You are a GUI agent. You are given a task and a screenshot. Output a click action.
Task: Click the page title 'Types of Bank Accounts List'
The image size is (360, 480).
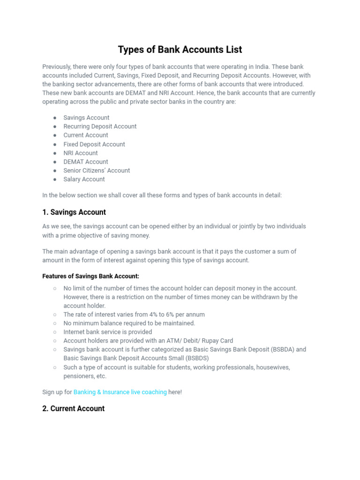tap(180, 49)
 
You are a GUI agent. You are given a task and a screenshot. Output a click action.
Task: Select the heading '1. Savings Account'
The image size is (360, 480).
tap(74, 212)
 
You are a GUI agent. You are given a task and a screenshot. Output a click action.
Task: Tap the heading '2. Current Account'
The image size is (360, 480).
tap(73, 409)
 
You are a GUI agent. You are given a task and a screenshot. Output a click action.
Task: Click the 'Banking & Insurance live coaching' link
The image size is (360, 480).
tap(120, 392)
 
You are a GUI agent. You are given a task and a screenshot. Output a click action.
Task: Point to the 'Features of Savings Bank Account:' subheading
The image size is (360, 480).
tap(90, 276)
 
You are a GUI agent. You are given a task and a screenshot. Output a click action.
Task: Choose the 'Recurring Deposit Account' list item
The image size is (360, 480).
tap(100, 127)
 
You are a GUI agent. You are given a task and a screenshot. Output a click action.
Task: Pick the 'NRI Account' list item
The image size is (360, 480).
tap(81, 153)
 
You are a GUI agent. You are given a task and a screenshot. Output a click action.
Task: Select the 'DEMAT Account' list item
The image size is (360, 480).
tap(86, 162)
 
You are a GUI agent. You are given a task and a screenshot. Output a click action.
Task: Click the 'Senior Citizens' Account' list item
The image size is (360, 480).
tap(97, 171)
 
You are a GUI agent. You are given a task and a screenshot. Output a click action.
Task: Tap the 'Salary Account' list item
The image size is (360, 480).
tap(84, 179)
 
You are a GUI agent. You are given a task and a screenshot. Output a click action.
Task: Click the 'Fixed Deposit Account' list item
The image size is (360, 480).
tap(94, 144)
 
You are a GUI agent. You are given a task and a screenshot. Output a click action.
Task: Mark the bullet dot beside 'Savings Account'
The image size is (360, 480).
tap(55, 118)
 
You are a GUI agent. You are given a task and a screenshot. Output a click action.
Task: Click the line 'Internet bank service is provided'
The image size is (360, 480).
tap(107, 332)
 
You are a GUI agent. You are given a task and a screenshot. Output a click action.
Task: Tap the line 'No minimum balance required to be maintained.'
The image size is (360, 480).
tap(129, 323)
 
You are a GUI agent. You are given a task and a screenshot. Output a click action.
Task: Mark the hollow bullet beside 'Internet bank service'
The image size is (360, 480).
tap(55, 332)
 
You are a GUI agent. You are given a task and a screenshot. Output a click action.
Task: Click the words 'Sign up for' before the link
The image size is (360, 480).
tap(57, 392)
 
